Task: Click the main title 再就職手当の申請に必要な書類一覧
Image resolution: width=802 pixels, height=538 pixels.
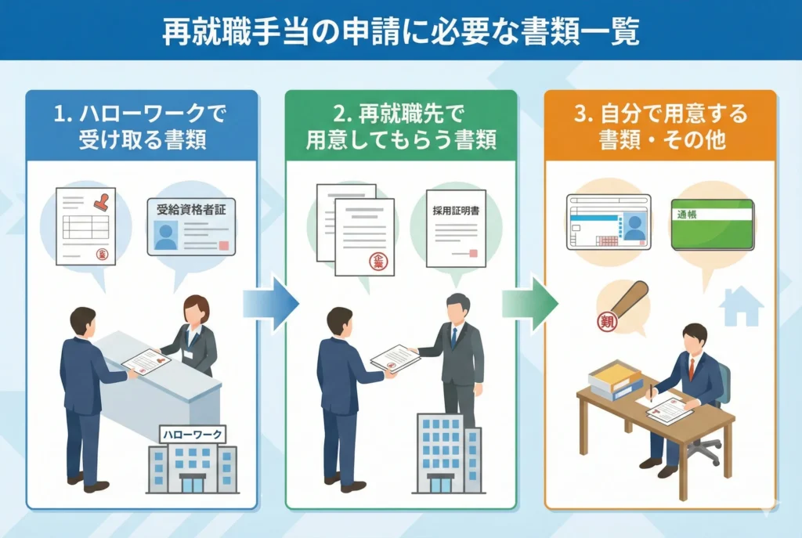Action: [401, 31]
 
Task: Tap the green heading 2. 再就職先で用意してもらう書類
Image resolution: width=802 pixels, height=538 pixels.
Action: [400, 128]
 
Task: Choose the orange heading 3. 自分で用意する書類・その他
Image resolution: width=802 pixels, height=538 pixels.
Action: [661, 128]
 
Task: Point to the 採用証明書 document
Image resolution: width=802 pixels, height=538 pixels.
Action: [456, 228]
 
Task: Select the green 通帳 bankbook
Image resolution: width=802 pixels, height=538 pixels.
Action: [712, 224]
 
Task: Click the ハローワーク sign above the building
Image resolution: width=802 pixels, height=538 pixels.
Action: [192, 434]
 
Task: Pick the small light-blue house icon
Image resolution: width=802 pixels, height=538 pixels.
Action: [742, 306]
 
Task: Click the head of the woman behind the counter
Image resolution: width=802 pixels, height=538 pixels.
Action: [196, 309]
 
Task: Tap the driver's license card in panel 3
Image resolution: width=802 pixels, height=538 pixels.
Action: [609, 222]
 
